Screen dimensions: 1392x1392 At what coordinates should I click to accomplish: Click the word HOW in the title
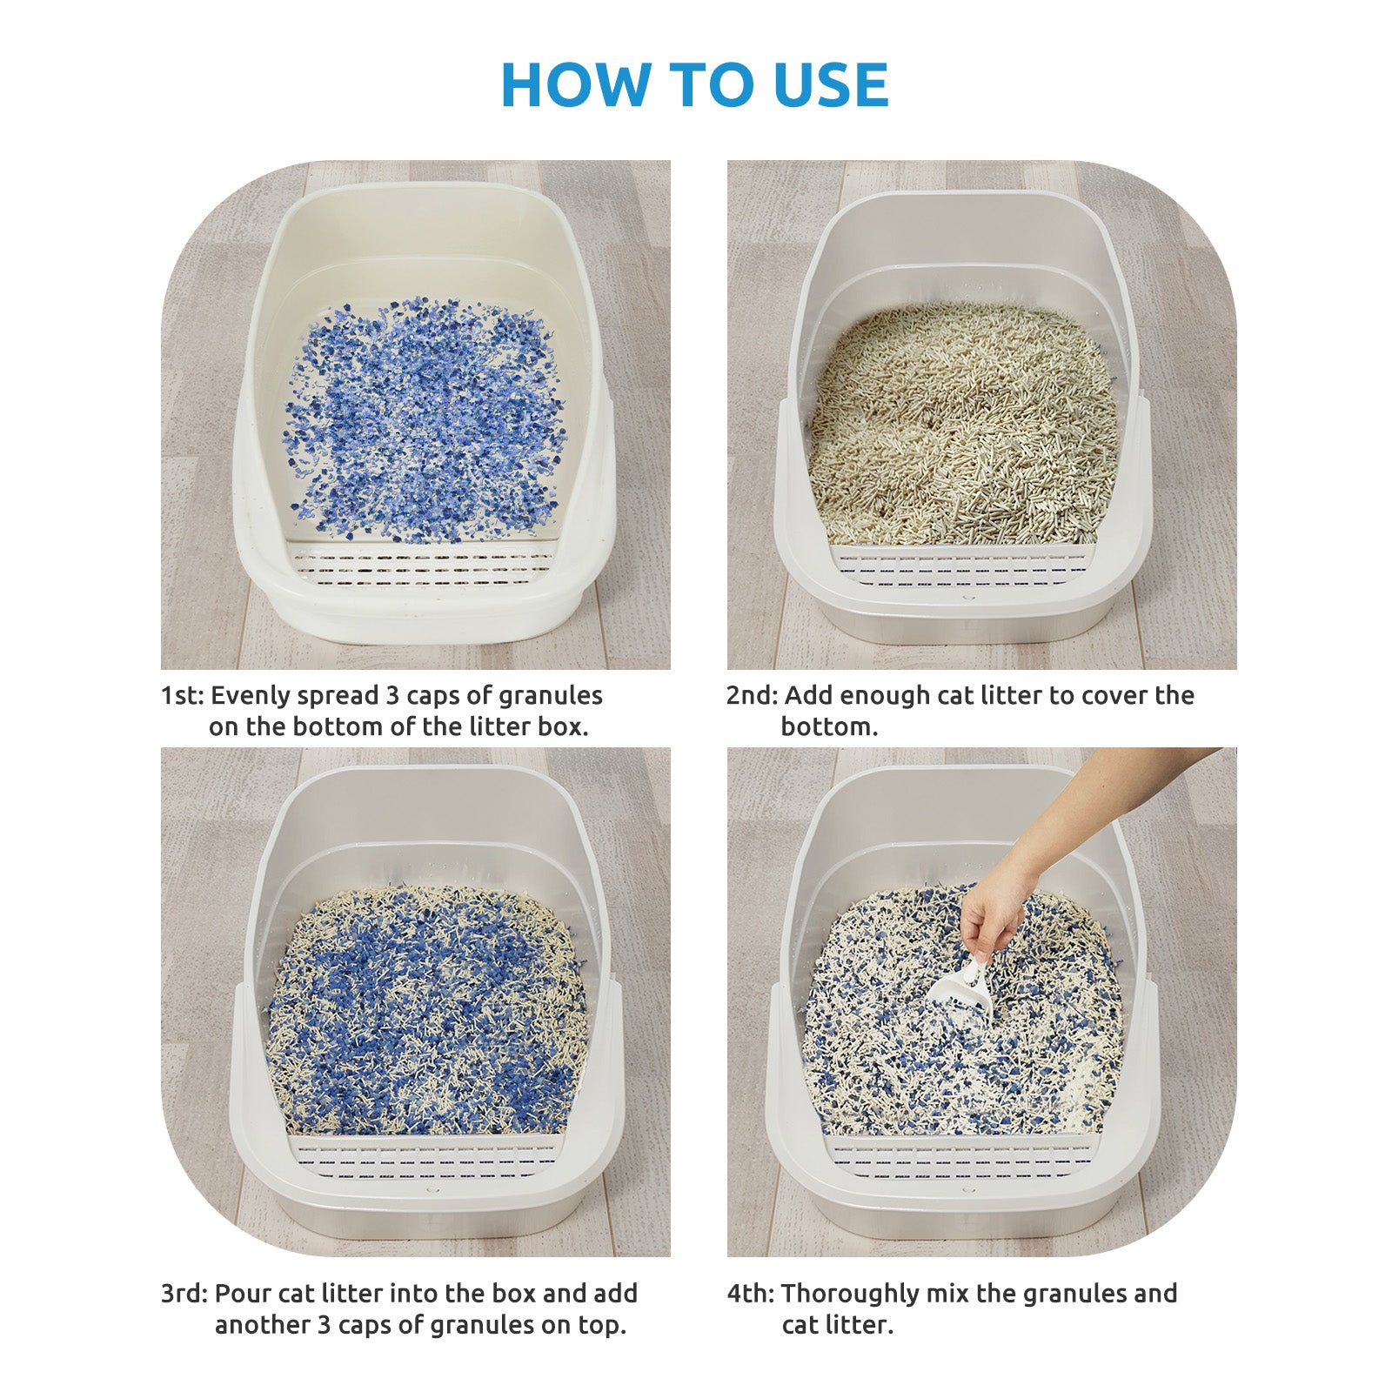point(576,85)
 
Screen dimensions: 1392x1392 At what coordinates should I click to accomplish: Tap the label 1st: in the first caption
point(182,696)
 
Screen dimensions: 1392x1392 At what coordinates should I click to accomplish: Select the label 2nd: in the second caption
point(753,696)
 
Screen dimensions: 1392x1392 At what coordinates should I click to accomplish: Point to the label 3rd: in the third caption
point(184,1294)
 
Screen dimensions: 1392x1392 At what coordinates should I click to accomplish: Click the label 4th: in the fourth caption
point(750,1294)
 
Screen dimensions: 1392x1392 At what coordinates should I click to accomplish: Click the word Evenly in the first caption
point(251,697)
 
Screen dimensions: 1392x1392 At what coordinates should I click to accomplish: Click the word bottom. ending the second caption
point(829,727)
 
